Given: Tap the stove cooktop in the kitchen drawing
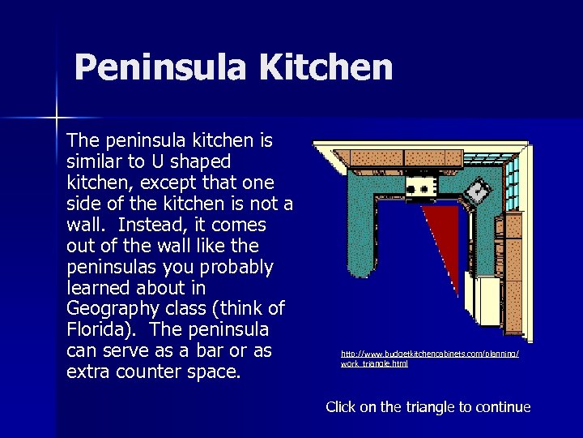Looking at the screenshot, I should click(422, 187).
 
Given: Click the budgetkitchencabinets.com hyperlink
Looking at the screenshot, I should click(430, 359).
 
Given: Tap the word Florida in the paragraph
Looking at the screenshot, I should click(98, 330).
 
